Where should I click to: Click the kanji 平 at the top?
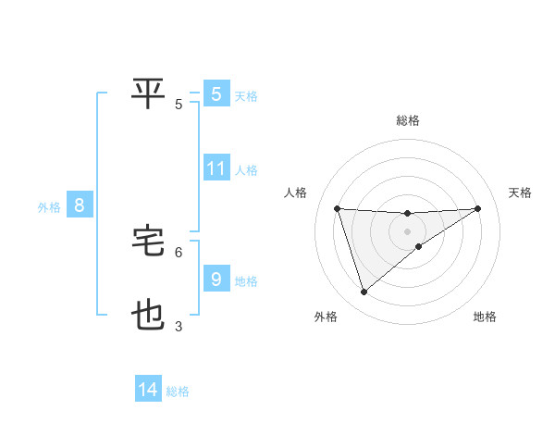(x=149, y=92)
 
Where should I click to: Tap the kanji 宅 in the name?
(x=149, y=242)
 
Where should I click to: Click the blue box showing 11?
(x=216, y=168)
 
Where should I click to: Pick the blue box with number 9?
(x=216, y=279)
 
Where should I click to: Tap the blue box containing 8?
(x=80, y=205)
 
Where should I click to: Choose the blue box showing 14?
(x=148, y=390)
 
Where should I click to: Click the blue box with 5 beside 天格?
(x=216, y=93)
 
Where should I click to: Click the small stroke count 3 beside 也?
(x=179, y=327)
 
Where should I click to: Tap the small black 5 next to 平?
(x=179, y=104)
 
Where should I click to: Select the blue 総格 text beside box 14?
(x=178, y=391)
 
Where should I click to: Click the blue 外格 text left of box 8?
(x=49, y=207)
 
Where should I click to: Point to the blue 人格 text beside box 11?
(x=246, y=170)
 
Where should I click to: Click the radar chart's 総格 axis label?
(x=407, y=120)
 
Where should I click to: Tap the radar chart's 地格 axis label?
(x=485, y=317)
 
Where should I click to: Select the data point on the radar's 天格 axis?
(x=478, y=208)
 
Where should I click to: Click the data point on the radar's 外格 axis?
(x=364, y=292)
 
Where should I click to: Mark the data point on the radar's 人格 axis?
(x=337, y=208)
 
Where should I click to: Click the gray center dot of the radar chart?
(x=407, y=230)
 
